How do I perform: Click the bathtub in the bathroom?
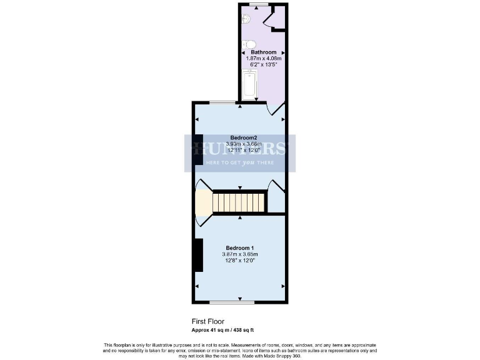250,86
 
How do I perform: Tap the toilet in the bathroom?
249,44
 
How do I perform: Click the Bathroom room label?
263,52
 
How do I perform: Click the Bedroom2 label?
244,137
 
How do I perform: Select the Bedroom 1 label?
240,248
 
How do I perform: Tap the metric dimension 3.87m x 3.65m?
240,254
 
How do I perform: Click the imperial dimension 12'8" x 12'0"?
240,261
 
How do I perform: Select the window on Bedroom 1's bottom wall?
240,303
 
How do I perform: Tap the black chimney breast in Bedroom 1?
197,255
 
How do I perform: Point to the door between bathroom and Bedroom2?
276,110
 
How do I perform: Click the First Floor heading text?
207,321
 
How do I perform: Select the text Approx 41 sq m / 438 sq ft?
222,329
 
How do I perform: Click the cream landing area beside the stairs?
203,203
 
